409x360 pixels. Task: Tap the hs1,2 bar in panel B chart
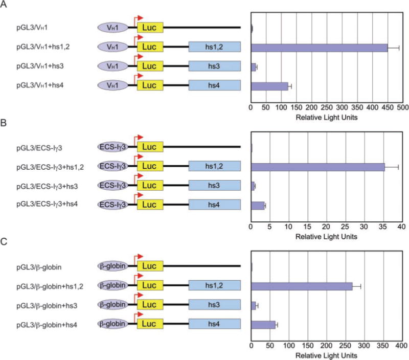[x=317, y=167]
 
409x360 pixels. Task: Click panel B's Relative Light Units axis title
[x=326, y=236]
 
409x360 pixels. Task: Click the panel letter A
[x=5, y=5]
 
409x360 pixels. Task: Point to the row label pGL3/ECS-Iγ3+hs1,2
[x=51, y=167]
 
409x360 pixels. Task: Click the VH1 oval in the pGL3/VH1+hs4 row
[x=112, y=86]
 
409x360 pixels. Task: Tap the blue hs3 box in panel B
[x=215, y=186]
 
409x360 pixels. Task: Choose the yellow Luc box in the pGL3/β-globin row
[x=150, y=266]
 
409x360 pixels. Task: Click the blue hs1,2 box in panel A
[x=215, y=48]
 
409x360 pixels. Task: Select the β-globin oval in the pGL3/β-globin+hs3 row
[x=112, y=305]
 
